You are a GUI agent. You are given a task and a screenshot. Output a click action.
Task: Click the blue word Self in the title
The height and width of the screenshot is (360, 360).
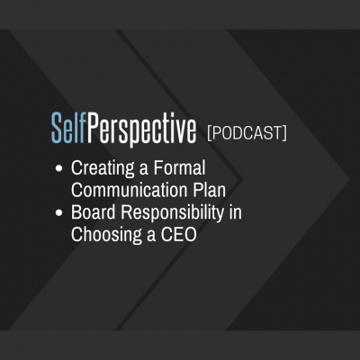click(x=68, y=127)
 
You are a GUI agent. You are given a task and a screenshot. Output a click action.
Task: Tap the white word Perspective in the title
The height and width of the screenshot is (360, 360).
click(x=141, y=130)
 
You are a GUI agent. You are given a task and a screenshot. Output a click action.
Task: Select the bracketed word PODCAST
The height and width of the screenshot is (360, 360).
click(x=247, y=133)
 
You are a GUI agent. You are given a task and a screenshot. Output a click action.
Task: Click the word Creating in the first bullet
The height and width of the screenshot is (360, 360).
click(x=103, y=169)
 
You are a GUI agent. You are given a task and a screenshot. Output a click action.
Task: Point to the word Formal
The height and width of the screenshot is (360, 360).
click(x=179, y=167)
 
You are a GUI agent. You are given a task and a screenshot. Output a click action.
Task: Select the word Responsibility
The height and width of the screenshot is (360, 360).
click(x=172, y=214)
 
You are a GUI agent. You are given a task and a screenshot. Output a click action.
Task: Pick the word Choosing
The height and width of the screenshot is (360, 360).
click(x=106, y=236)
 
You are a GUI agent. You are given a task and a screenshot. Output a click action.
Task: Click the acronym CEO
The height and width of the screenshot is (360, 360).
click(x=178, y=235)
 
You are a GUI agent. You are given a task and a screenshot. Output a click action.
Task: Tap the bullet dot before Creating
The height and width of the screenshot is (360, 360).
click(x=59, y=168)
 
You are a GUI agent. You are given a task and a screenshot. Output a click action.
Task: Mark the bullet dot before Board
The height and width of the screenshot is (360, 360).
click(x=59, y=213)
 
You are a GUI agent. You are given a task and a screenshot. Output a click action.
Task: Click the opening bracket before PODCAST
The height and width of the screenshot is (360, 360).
click(x=210, y=133)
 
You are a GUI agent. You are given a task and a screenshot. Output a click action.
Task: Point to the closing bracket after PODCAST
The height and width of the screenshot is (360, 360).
click(x=284, y=133)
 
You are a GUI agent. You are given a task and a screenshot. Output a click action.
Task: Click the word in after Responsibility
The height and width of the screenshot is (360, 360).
click(x=235, y=212)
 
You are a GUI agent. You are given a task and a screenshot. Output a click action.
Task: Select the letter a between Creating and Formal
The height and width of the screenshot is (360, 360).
click(x=144, y=170)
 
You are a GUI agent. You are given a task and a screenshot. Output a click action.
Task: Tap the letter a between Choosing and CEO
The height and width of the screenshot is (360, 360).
click(x=151, y=237)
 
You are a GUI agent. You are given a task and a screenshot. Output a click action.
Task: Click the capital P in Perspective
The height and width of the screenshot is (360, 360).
click(x=93, y=128)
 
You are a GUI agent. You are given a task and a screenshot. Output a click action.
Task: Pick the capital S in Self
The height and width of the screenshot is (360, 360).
click(x=58, y=128)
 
